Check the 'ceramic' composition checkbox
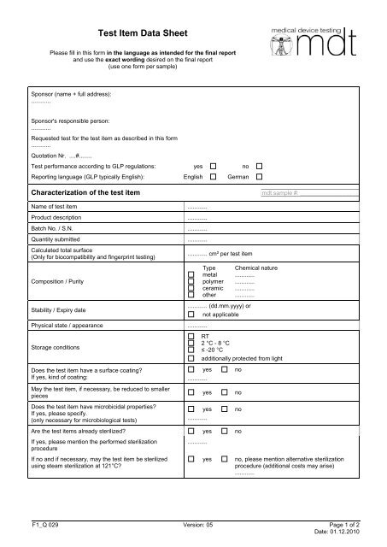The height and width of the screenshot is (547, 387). coord(191,289)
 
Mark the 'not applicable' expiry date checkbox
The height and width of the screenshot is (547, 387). coord(191,314)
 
